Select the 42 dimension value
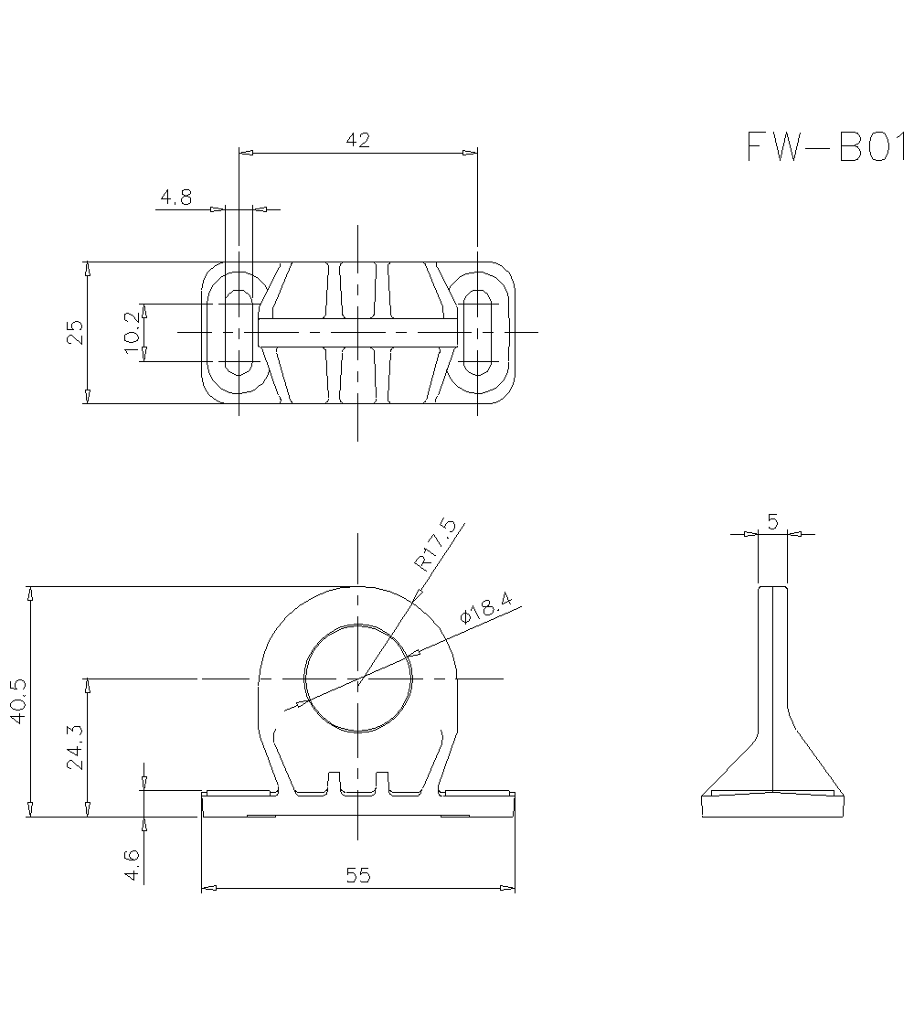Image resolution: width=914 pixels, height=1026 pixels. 357,140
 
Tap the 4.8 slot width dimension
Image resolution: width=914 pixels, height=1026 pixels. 175,198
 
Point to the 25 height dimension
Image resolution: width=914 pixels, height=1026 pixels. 75,332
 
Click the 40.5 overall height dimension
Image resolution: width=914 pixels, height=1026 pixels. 17,700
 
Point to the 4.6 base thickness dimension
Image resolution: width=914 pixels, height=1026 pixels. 133,864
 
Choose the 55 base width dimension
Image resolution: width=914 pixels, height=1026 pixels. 358,875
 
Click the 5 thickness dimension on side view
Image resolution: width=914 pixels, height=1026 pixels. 772,522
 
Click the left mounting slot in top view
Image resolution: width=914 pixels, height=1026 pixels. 239,332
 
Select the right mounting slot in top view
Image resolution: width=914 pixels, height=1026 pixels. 477,332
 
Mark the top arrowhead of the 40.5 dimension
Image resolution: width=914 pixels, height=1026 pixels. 30,593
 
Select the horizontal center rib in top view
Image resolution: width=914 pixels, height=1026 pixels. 357,332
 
